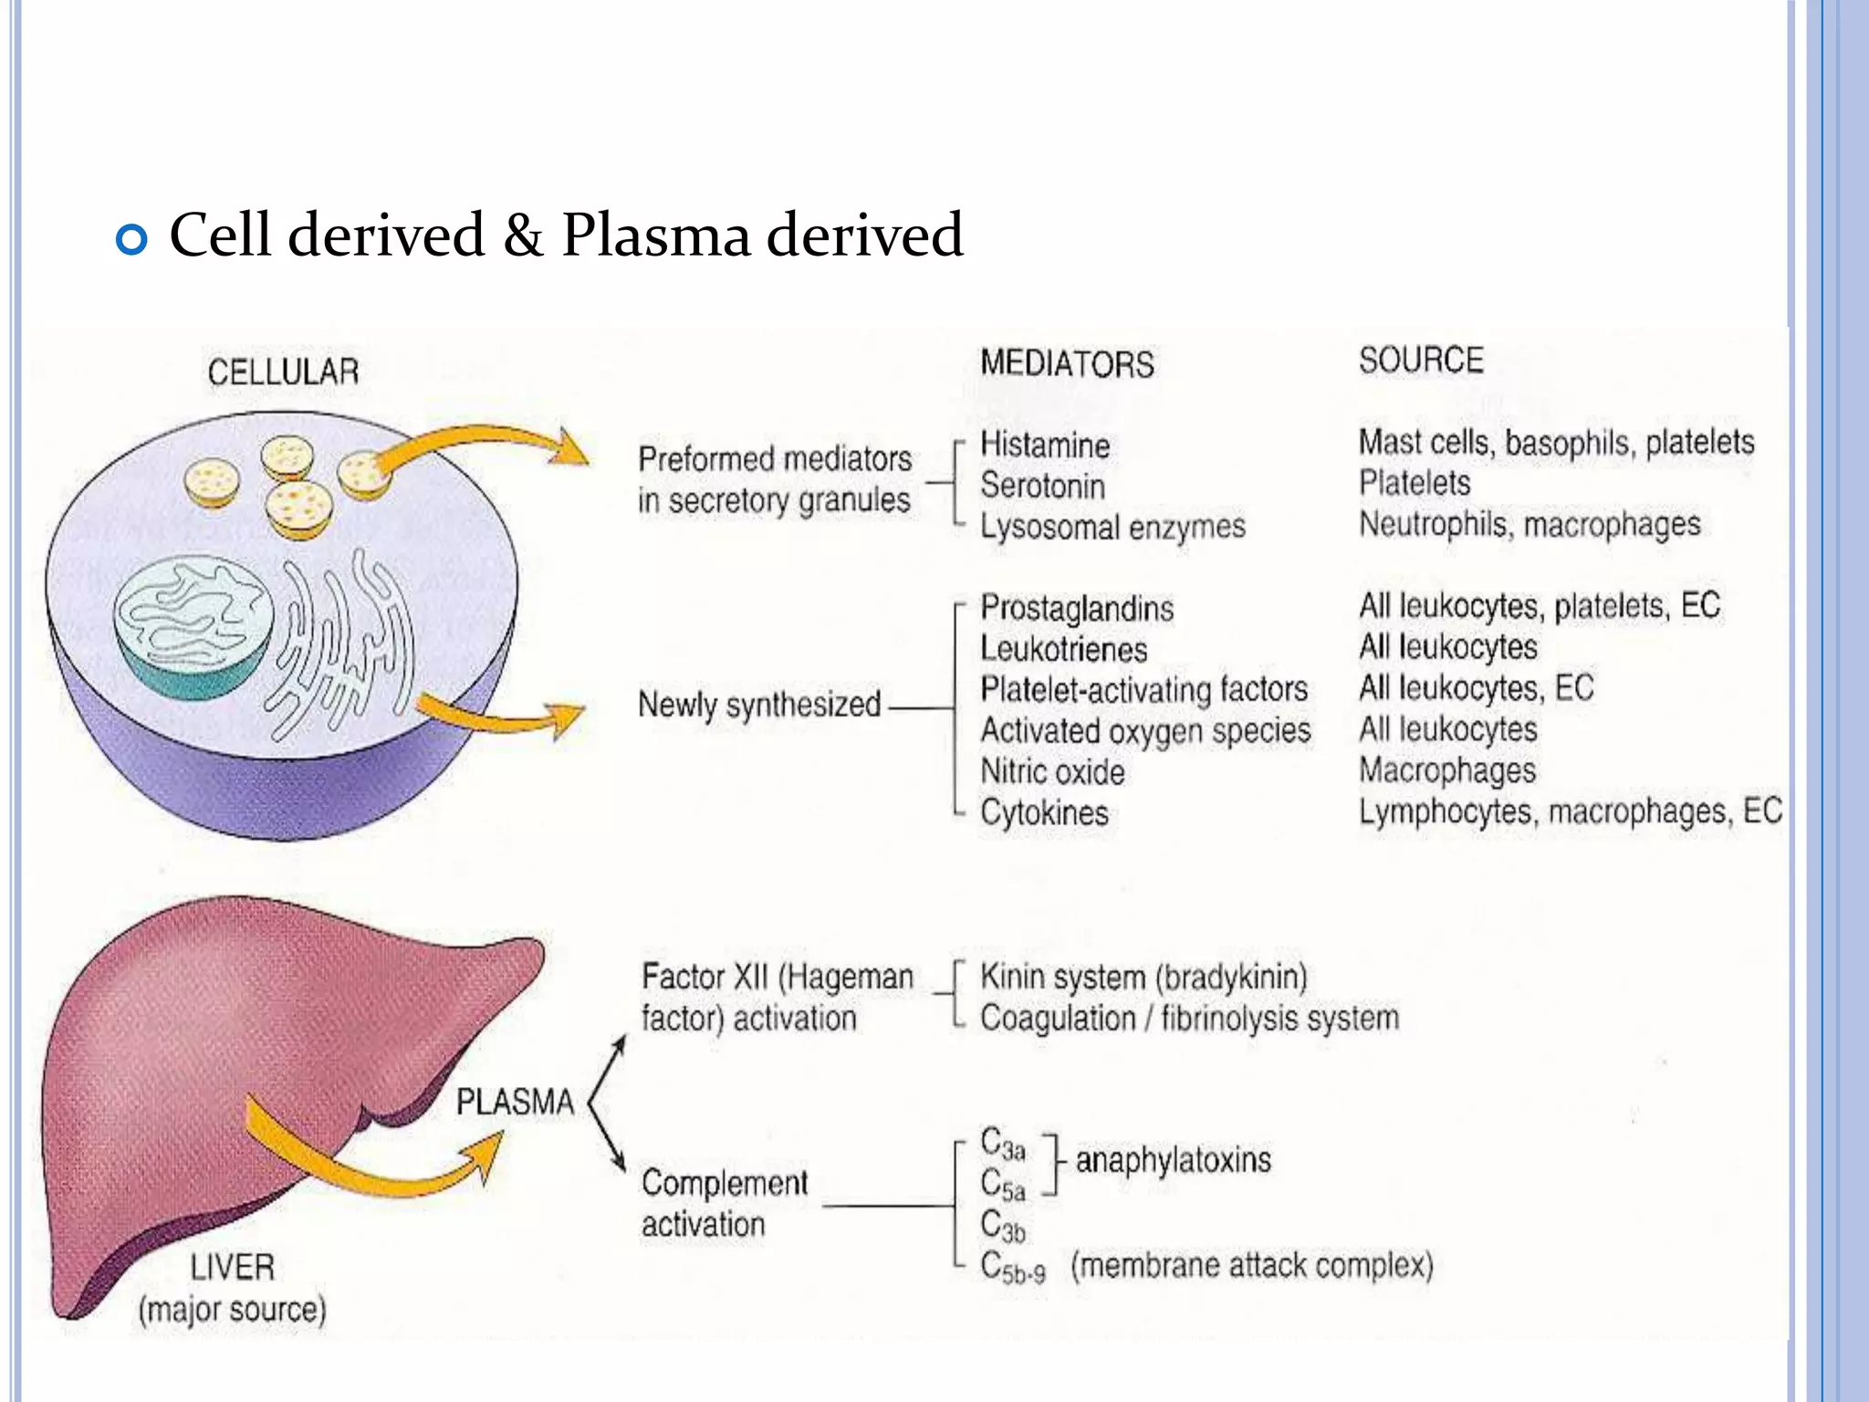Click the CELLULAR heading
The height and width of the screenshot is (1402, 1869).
(283, 372)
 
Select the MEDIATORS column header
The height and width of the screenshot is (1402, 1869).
(1067, 364)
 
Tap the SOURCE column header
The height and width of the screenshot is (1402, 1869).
(1421, 361)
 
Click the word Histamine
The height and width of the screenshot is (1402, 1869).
(1045, 445)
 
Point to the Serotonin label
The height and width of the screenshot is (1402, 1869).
(1042, 486)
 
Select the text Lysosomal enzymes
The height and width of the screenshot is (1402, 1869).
(1112, 527)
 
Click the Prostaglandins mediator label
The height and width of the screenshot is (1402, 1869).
(1077, 609)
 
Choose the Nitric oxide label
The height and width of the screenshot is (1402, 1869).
(1052, 772)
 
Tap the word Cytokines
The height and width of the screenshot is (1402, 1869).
(1044, 812)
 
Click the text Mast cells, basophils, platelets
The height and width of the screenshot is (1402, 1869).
(1556, 443)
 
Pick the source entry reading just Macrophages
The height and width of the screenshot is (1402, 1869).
(1447, 770)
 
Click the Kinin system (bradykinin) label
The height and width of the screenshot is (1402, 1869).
(1143, 978)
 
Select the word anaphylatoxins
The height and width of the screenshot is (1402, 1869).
(1173, 1161)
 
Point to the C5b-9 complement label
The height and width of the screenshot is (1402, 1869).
(1013, 1267)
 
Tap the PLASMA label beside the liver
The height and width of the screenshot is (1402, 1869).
(515, 1102)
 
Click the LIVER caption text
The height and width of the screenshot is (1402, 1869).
(232, 1268)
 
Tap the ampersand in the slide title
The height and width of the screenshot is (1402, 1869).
(523, 235)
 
